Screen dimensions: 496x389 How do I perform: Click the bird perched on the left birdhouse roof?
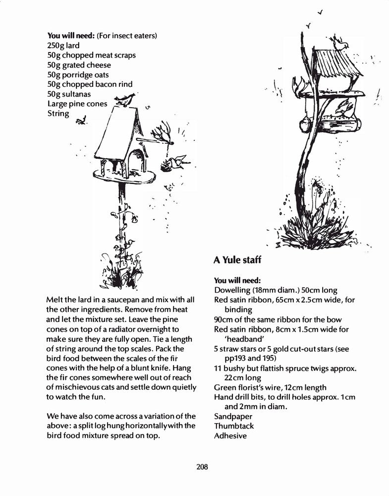click(125, 99)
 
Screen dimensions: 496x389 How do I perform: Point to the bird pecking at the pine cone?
click(179, 160)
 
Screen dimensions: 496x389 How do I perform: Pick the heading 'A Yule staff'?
click(237, 259)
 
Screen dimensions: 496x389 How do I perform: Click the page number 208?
click(202, 467)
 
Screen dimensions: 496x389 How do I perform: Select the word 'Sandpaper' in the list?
click(233, 417)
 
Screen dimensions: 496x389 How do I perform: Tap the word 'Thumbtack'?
click(234, 426)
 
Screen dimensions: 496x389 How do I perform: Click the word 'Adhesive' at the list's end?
click(230, 436)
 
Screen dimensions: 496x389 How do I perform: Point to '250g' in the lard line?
click(56, 45)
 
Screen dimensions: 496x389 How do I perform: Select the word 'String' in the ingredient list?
click(58, 114)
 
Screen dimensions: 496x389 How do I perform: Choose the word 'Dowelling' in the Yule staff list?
click(231, 290)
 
